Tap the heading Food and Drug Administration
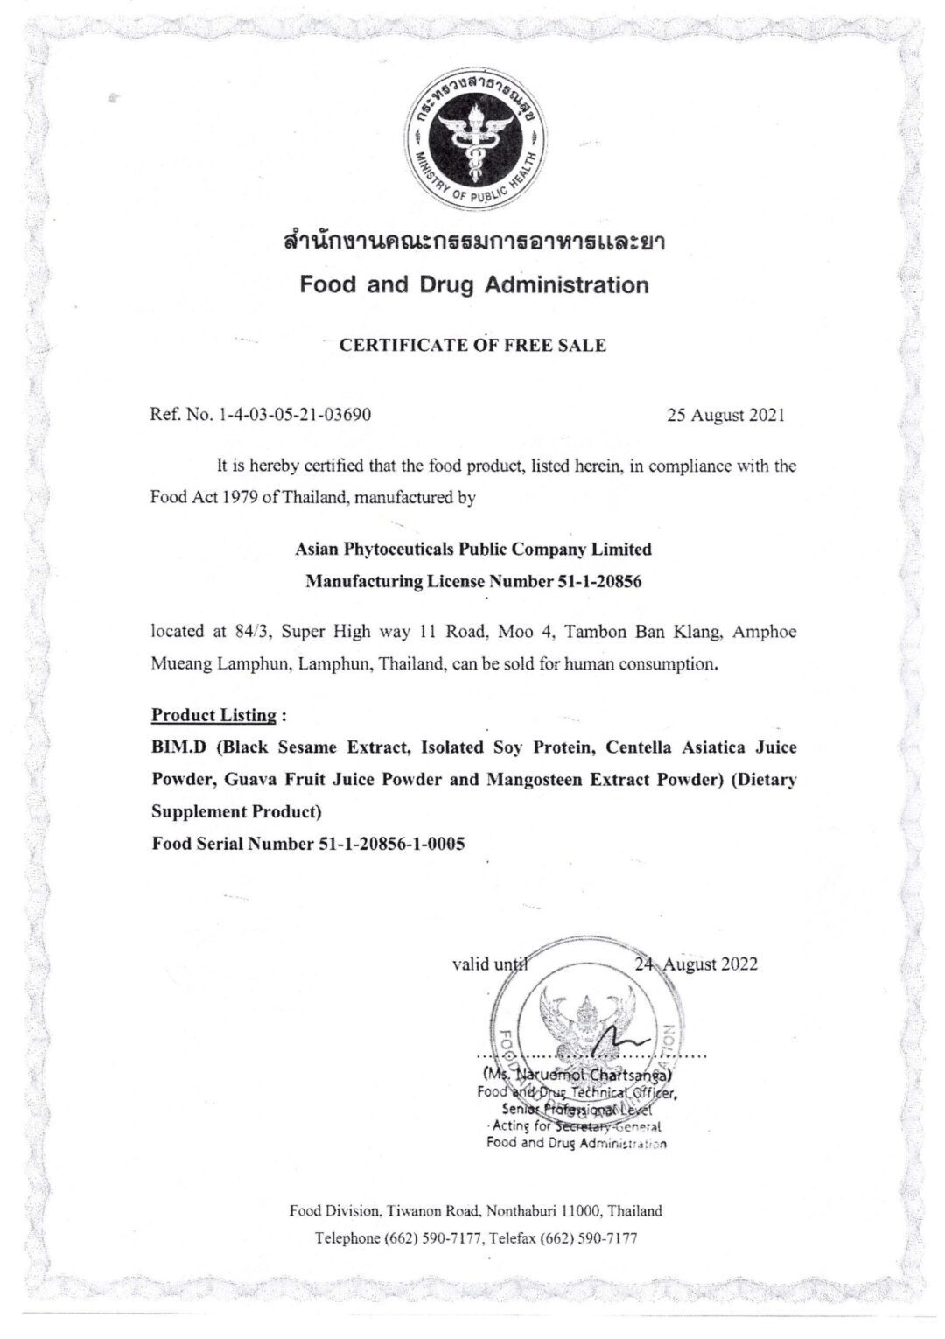474,284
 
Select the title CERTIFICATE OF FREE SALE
472,345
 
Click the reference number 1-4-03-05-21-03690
290,415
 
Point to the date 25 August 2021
725,415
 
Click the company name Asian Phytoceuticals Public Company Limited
473,550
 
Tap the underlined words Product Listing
213,715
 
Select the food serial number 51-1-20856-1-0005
387,844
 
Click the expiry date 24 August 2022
696,964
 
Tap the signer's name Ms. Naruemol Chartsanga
577,1074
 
